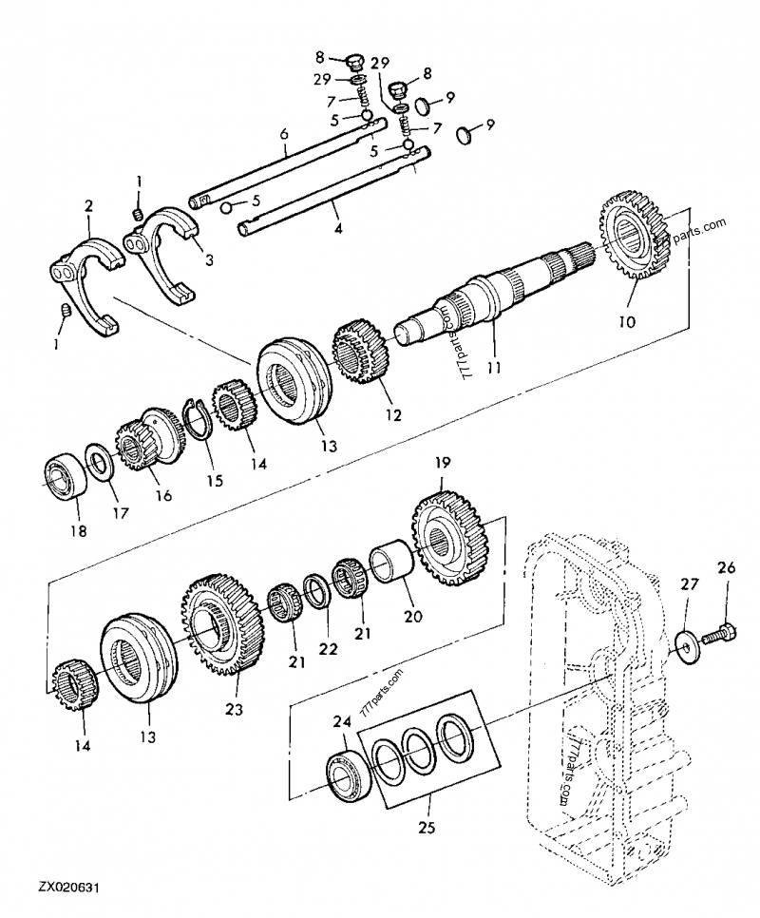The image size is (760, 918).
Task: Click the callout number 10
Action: tap(627, 322)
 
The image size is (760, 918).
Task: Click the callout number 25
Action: tap(427, 828)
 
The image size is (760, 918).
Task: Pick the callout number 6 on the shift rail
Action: tap(283, 136)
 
